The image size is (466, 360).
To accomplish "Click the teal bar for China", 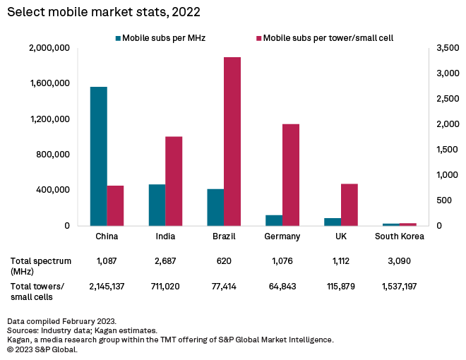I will [x=99, y=156].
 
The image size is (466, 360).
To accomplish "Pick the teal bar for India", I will [x=157, y=205].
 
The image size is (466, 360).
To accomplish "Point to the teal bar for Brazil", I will [x=215, y=207].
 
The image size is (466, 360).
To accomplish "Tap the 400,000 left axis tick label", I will [x=52, y=190].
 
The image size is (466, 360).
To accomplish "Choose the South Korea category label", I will [x=399, y=236].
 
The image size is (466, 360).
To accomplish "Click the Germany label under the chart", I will [x=282, y=236].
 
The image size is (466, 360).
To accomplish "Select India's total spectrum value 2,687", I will [x=165, y=261].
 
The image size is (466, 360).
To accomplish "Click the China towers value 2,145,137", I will [x=107, y=286].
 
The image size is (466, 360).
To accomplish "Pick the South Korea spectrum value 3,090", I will [x=399, y=261].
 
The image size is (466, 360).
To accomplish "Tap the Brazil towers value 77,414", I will [x=223, y=286].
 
